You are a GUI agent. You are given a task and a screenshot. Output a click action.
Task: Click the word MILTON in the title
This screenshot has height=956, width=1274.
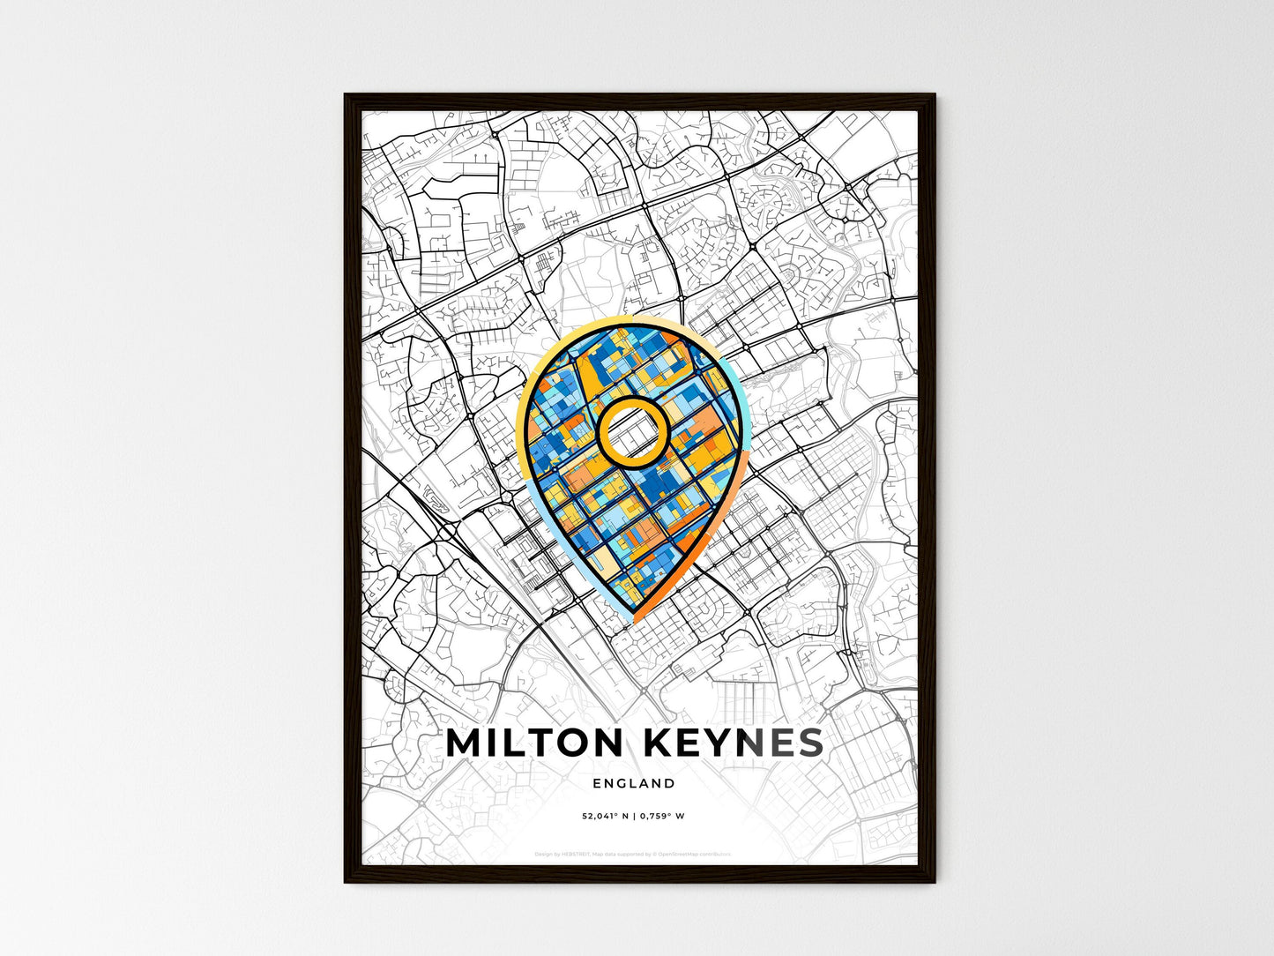click(x=533, y=743)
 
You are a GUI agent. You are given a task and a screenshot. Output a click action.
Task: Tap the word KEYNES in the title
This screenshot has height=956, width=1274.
click(x=735, y=743)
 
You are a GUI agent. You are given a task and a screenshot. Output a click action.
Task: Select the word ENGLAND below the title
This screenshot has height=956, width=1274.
click(x=634, y=783)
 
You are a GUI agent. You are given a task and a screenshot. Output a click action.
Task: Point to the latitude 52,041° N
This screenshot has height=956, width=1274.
click(x=603, y=816)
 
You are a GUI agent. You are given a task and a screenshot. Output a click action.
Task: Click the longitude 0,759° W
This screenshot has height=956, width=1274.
click(x=662, y=816)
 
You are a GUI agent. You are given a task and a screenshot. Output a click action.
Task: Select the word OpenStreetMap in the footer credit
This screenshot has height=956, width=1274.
click(x=685, y=855)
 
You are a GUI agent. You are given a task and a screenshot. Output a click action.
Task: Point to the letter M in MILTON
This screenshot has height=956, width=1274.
click(x=466, y=743)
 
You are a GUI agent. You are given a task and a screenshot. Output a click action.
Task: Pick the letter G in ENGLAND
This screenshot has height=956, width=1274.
click(x=622, y=783)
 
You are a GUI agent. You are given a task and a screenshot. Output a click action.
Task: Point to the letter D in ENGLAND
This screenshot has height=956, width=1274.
click(x=670, y=783)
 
